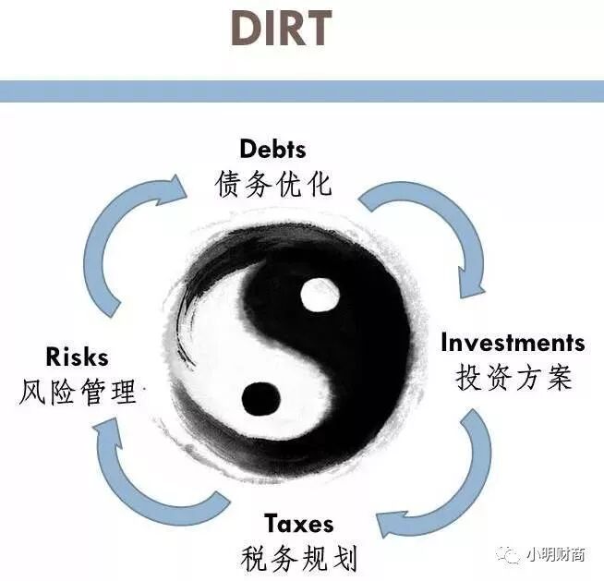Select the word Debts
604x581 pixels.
272,149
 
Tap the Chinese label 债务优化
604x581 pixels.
272,182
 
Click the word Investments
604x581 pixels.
513,343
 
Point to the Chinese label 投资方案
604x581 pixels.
513,377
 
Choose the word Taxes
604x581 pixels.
299,524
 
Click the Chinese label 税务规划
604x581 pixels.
299,557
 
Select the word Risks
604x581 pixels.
77,357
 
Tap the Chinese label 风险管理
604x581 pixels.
78,391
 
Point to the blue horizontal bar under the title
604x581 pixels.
302,91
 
